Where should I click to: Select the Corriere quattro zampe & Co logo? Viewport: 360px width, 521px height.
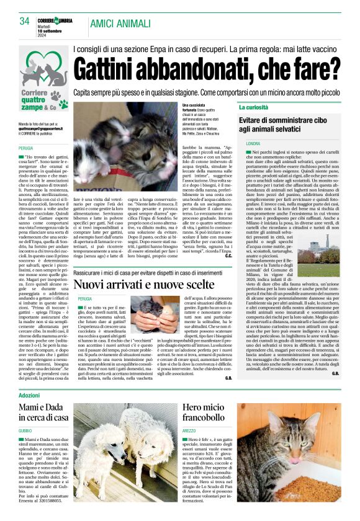(x=43, y=81)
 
